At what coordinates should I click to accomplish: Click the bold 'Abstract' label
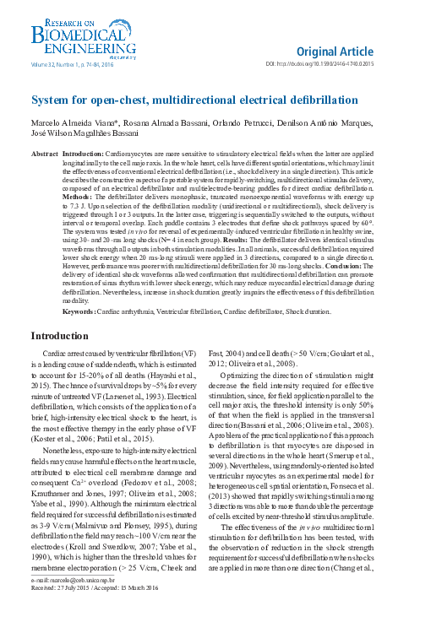click(x=44, y=155)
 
